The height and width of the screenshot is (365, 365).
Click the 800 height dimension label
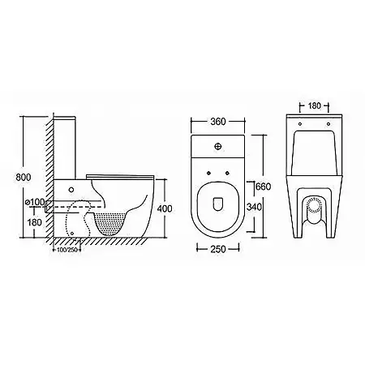[x=24, y=178]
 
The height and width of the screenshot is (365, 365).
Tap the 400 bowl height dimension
[x=164, y=208]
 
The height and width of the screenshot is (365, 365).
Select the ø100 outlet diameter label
[x=34, y=202]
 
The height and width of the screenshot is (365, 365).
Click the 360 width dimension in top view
[x=217, y=122]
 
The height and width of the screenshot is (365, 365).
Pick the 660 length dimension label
[x=263, y=187]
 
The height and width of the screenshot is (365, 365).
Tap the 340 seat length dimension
[x=254, y=207]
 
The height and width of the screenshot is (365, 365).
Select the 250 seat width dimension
[x=217, y=249]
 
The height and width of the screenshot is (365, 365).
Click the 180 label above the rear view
[x=314, y=105]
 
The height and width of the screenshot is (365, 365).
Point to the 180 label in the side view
[x=35, y=222]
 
